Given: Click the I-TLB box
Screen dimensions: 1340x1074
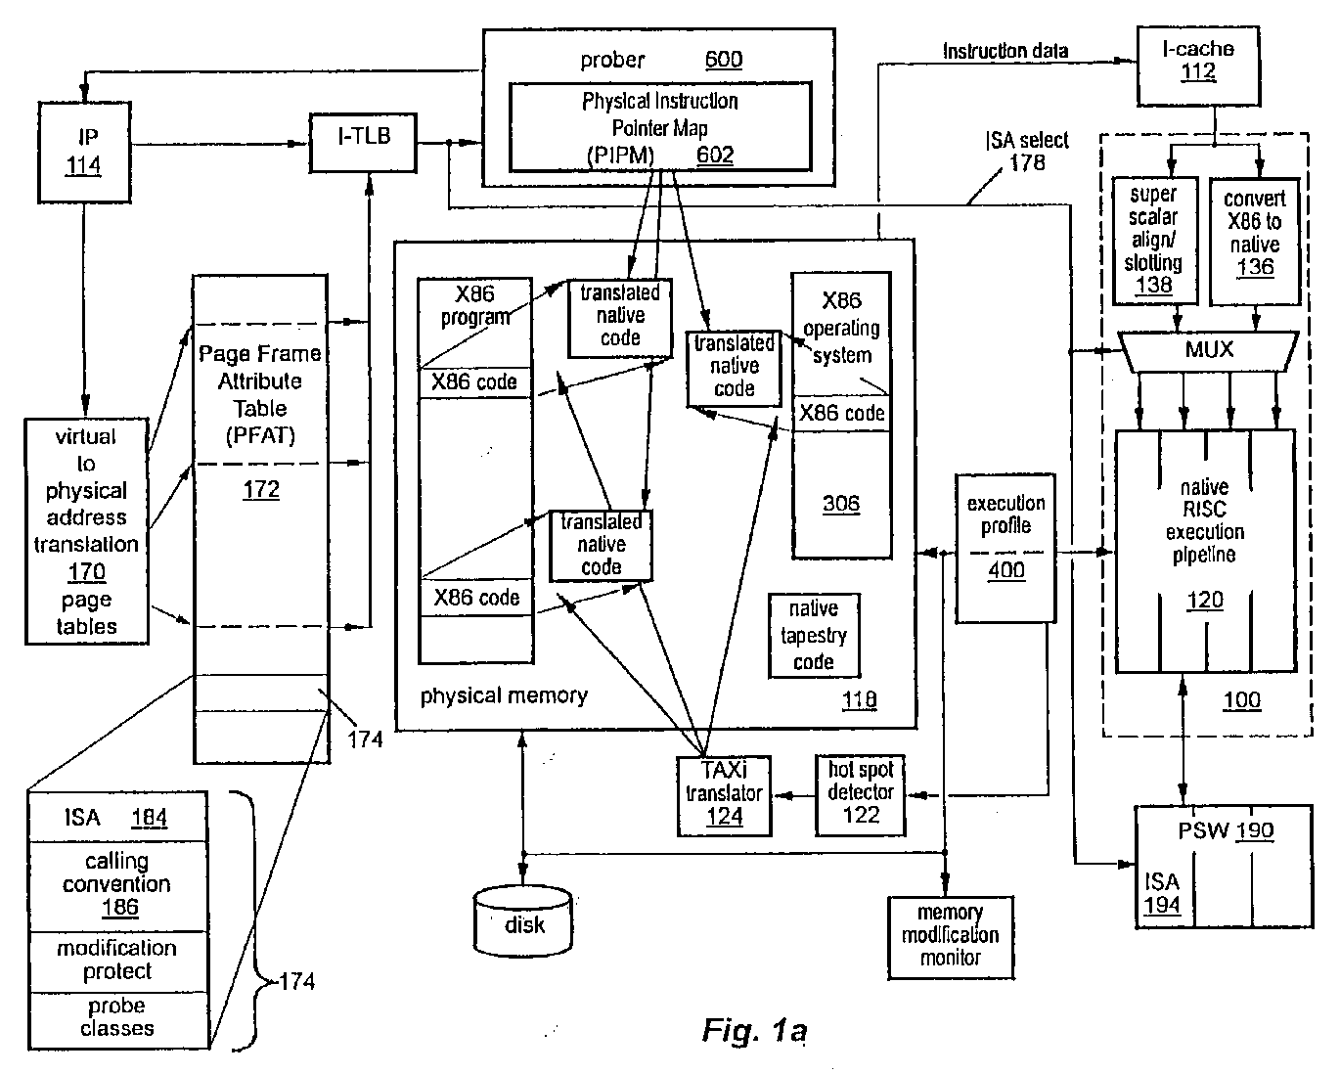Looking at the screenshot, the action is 363,143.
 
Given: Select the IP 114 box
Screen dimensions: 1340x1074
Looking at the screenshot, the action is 84,153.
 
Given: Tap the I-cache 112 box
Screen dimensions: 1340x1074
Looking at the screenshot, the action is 1198,66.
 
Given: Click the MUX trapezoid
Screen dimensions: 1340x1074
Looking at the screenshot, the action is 1208,351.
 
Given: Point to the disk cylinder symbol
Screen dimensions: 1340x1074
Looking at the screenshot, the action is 523,921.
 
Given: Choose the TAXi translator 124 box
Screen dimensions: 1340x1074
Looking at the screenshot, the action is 724,795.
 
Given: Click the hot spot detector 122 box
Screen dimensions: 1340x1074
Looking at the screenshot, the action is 860,795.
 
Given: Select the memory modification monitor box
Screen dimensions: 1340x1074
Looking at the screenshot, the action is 950,938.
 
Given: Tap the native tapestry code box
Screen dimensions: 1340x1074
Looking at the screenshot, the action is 814,635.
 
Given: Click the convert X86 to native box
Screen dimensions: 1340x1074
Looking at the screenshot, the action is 1254,242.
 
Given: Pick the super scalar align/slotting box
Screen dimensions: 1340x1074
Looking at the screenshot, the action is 1155,241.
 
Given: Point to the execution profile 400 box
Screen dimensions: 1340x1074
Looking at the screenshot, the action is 1005,548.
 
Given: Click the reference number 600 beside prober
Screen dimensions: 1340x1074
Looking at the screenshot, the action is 724,60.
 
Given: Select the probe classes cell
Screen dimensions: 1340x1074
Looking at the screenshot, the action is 118,1020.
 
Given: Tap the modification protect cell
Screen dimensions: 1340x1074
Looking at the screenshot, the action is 118,962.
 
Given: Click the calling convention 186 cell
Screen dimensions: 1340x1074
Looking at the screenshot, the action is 118,886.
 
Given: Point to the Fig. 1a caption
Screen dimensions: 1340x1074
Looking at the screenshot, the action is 754,1030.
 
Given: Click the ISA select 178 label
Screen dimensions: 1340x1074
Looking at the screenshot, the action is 1027,152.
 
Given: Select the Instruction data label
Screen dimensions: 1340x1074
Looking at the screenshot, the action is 1005,51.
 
